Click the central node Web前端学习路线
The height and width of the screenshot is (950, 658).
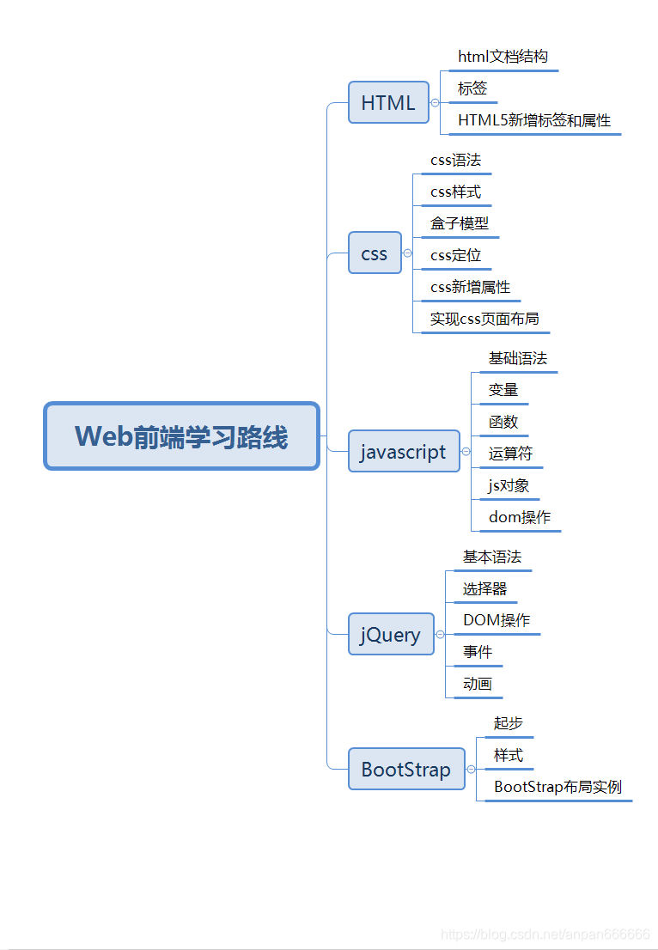tap(181, 436)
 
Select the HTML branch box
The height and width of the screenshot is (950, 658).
tap(388, 103)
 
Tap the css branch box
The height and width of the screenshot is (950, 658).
tap(375, 253)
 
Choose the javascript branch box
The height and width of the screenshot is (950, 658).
tap(404, 452)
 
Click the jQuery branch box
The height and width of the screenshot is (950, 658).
tap(391, 635)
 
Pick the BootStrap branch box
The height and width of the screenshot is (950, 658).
tap(406, 769)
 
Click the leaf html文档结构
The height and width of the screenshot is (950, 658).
tap(503, 57)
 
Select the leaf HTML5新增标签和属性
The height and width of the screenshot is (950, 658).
tap(534, 120)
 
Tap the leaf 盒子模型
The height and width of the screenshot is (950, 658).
tap(460, 223)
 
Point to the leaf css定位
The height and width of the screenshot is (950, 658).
tap(456, 255)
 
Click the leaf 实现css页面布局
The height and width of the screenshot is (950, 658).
tap(484, 319)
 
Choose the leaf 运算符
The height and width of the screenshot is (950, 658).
tap(510, 454)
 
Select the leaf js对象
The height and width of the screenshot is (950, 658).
tap(509, 485)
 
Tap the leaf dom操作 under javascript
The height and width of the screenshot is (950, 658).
tap(520, 517)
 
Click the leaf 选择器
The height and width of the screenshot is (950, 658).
tap(485, 588)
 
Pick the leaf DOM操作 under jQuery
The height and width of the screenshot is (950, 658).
tap(497, 620)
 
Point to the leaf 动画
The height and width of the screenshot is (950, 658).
tap(478, 684)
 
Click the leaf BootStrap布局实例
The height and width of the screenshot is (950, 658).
tap(557, 787)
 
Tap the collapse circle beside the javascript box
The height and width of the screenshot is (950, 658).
tap(466, 452)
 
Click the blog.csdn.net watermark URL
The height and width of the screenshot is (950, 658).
tap(545, 934)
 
